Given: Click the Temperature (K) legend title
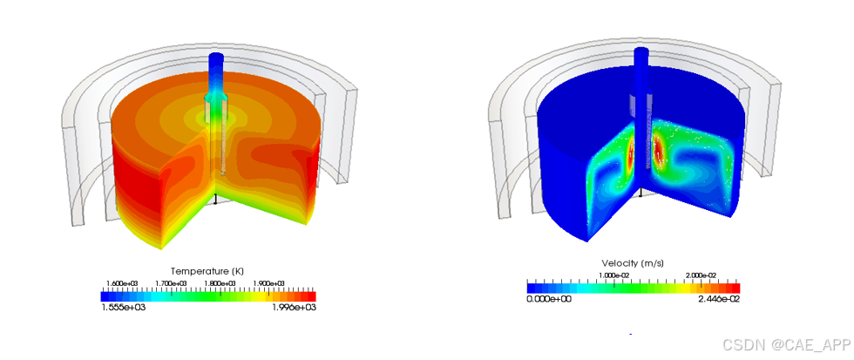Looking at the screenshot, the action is point(207,271).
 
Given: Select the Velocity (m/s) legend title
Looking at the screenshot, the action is point(632,263).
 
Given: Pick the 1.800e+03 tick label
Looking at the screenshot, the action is point(220,283).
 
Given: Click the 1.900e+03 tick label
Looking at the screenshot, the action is point(269,283).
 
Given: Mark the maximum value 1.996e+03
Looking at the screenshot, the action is point(295,307).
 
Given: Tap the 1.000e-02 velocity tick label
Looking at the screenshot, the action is point(614,275).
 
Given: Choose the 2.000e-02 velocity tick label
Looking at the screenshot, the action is point(701,275).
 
